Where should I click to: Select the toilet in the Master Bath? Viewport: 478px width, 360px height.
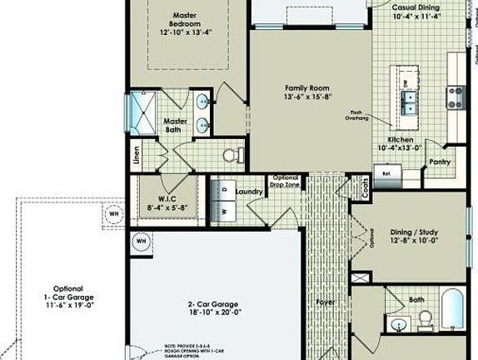point(232,155)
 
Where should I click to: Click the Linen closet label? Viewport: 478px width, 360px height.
point(136,158)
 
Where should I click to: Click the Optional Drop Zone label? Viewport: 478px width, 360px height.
point(285,182)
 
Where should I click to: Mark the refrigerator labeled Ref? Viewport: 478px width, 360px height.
point(386,174)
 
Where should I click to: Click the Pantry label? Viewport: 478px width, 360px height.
point(439,163)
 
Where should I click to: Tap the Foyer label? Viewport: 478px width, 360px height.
point(325,301)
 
